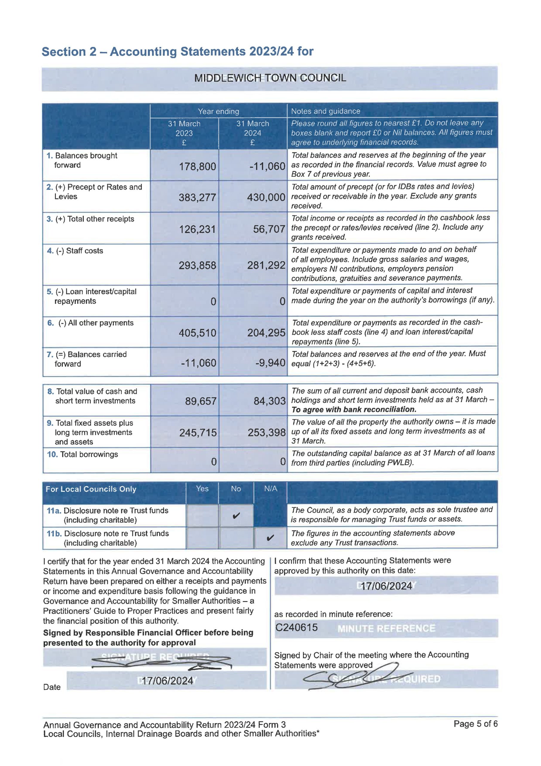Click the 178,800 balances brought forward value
pyautogui.click(x=197, y=166)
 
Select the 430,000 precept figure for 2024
pyautogui.click(x=266, y=197)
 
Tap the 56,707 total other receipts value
pyautogui.click(x=269, y=229)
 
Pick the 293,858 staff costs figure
pyautogui.click(x=197, y=266)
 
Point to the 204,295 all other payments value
pyautogui.click(x=266, y=333)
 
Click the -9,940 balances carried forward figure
pyautogui.click(x=270, y=363)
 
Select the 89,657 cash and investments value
pyautogui.click(x=201, y=401)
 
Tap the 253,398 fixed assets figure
pyautogui.click(x=266, y=433)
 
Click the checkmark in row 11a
pyautogui.click(x=236, y=516)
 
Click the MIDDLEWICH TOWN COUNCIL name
pyautogui.click(x=270, y=78)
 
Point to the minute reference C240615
pyautogui.click(x=296, y=627)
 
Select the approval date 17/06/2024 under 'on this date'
pyautogui.click(x=386, y=586)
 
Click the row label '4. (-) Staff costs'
pyautogui.click(x=75, y=251)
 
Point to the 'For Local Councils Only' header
pyautogui.click(x=91, y=489)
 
